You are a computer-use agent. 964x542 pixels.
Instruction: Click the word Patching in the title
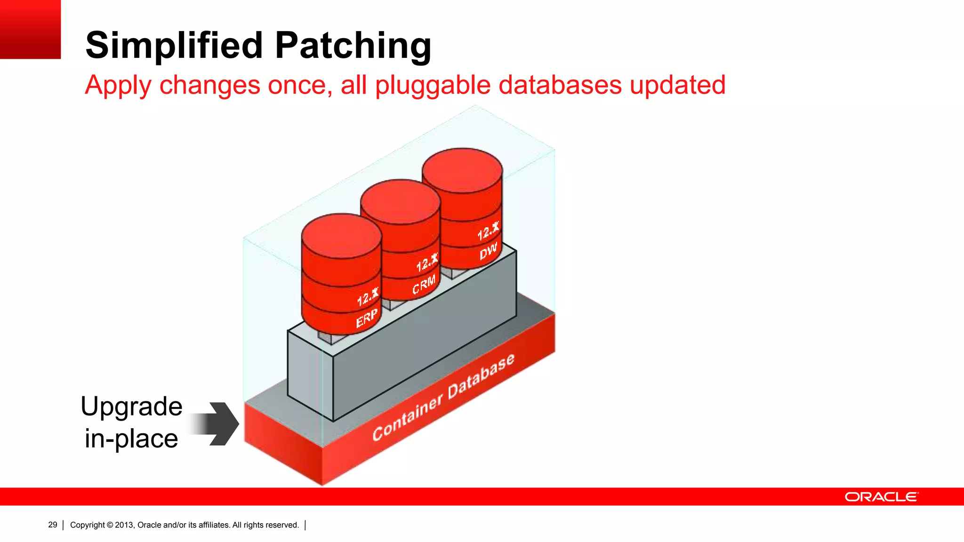point(353,46)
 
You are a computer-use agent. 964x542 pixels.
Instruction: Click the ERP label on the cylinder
point(367,318)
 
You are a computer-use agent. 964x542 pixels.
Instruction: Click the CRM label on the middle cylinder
point(424,285)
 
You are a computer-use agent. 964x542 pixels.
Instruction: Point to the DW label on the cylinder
point(488,251)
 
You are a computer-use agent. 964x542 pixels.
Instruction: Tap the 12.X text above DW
point(488,231)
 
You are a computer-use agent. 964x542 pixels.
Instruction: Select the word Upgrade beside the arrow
point(131,406)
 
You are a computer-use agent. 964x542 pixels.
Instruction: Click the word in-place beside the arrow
point(131,438)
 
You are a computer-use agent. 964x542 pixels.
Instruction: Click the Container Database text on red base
point(443,398)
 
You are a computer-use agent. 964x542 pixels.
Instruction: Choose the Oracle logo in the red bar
point(881,497)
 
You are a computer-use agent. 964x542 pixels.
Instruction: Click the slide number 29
point(53,525)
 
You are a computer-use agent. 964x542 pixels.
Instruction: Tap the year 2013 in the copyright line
point(124,525)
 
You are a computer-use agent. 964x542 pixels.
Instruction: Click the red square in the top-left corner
point(30,29)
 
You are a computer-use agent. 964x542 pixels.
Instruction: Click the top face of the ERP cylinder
point(341,235)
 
